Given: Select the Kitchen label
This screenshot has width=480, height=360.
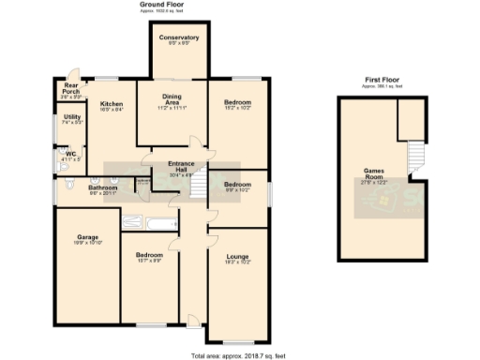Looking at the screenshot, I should click(x=112, y=106).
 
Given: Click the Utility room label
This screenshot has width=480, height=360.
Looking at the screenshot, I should click(x=72, y=119).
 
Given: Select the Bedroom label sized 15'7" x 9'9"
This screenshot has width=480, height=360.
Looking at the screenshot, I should click(x=149, y=258).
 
